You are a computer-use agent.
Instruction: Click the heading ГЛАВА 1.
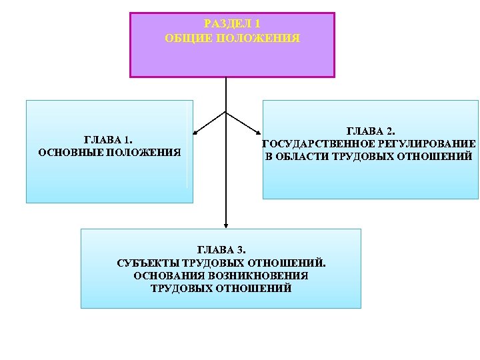(x=109, y=140)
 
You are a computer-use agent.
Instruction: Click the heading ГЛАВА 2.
(x=371, y=131)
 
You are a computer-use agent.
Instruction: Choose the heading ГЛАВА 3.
(x=221, y=251)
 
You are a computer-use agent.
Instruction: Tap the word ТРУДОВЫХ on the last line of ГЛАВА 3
(x=182, y=289)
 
